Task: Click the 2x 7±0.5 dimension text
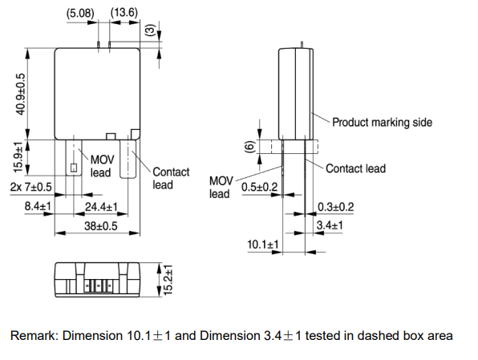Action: (31, 187)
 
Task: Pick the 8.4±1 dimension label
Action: (38, 207)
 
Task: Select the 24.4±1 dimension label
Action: (101, 207)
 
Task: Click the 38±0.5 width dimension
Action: (101, 226)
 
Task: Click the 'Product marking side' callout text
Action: (383, 123)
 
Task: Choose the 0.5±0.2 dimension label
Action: (260, 188)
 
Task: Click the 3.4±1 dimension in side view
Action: (330, 226)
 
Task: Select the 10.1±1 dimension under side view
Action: (262, 243)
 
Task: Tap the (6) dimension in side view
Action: (249, 147)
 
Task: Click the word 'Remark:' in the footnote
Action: (34, 335)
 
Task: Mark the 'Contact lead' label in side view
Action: (355, 168)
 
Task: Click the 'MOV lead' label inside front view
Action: (100, 166)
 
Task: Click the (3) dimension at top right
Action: (149, 30)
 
